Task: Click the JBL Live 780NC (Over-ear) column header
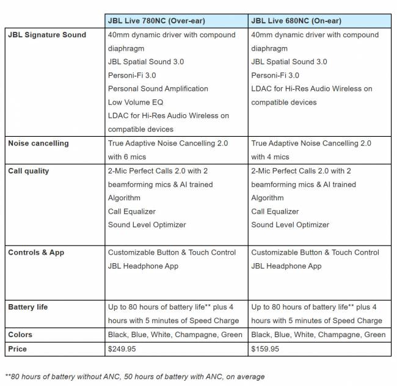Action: pos(156,21)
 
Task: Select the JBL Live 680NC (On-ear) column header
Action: pos(296,21)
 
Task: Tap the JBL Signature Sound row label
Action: pos(47,35)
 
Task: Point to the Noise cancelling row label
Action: pos(38,144)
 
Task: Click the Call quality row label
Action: pos(29,171)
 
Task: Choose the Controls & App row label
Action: pos(36,252)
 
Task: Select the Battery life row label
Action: pos(27,307)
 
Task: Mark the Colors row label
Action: pos(20,335)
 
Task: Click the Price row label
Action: pos(18,349)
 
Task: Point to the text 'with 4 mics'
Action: pos(271,157)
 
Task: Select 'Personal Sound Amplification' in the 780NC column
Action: pos(158,89)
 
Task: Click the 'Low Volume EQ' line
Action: pos(135,102)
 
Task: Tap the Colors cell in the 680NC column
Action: pos(318,335)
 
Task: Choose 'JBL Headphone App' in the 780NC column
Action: pos(143,266)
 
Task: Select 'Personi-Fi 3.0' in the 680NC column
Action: pos(275,75)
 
